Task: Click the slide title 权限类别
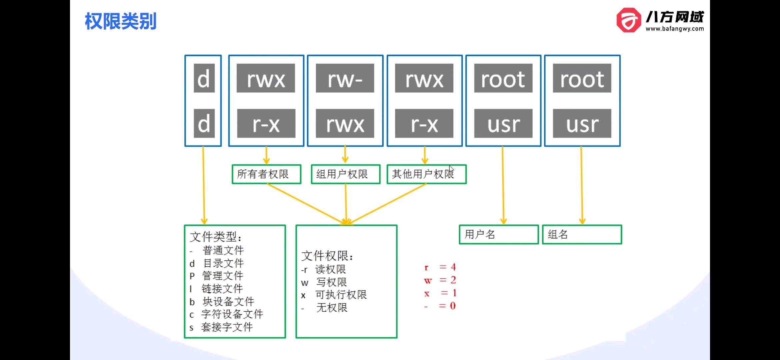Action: [120, 21]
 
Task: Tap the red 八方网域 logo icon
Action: [629, 20]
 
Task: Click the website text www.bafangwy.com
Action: [675, 29]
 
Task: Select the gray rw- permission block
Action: [345, 78]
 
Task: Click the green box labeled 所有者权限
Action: [267, 174]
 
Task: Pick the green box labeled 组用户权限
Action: [346, 174]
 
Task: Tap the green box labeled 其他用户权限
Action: [427, 174]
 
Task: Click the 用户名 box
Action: [499, 235]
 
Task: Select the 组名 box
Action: [582, 235]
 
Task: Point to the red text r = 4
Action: [440, 267]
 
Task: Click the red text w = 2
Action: [440, 280]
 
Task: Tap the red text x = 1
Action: [440, 293]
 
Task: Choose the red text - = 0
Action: [440, 306]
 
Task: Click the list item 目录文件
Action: [224, 263]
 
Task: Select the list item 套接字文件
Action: [227, 327]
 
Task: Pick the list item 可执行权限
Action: [341, 295]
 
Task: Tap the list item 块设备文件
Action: [228, 302]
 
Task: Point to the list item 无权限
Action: [332, 307]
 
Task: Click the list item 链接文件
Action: [222, 289]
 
